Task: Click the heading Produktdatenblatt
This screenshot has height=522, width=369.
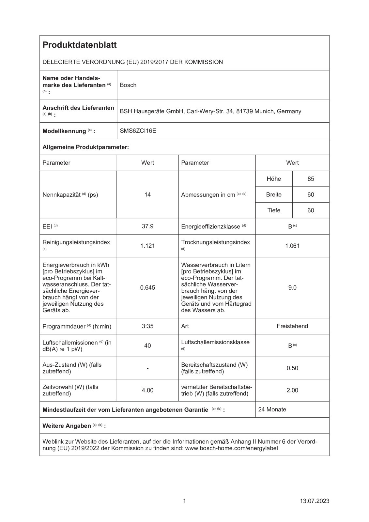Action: pos(79,45)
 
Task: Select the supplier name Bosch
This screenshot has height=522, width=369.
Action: pos(128,85)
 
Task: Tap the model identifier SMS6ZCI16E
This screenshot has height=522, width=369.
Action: pos(138,131)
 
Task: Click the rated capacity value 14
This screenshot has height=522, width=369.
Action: pos(147,195)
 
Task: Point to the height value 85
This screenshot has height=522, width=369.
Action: pos(311,179)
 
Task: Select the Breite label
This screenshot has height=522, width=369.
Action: pos(274,195)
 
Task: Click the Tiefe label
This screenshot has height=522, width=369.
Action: pos(274,210)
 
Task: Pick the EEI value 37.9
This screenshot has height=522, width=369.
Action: pos(147,226)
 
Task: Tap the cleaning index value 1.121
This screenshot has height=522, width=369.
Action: pos(147,246)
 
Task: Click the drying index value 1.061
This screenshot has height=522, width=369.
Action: pos(292,246)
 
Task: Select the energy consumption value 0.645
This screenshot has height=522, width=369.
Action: pos(147,287)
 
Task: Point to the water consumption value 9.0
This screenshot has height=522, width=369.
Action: pos(292,287)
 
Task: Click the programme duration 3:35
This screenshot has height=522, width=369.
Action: pos(147,326)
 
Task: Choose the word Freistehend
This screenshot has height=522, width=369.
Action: pos(292,326)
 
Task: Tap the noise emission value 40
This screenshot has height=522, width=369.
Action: pos(147,345)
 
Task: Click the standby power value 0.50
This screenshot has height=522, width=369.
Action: pos(292,368)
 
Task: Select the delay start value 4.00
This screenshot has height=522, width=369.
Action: pos(147,390)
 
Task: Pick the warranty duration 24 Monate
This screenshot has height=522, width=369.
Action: pos(272,409)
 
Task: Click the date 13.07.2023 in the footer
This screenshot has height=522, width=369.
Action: pos(315,501)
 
